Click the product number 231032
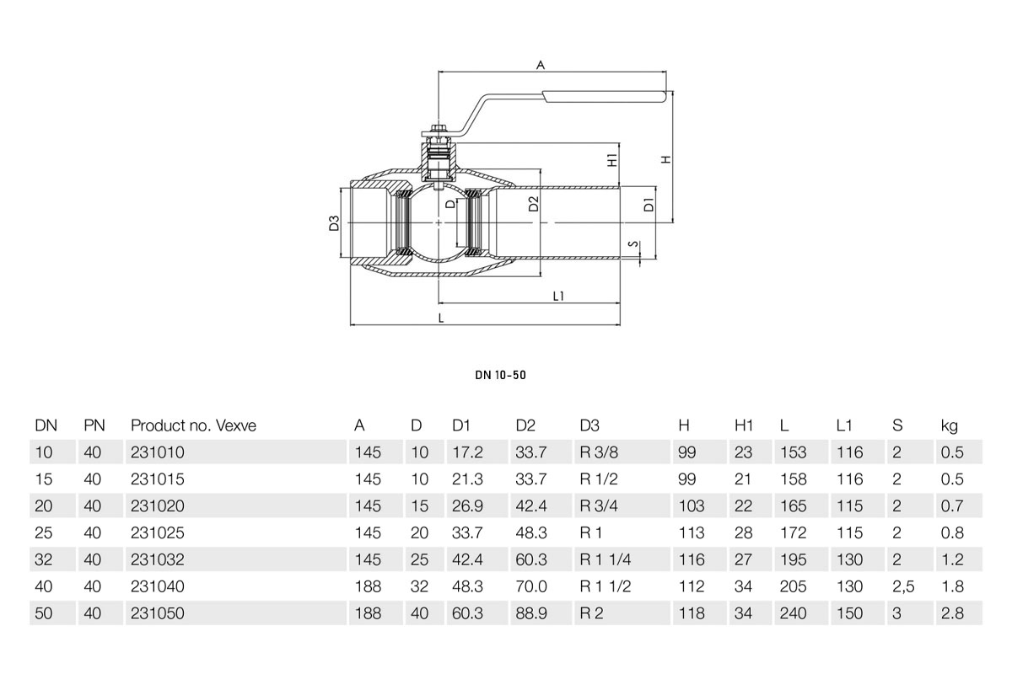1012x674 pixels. pyautogui.click(x=157, y=560)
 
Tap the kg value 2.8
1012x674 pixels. pyautogui.click(x=952, y=614)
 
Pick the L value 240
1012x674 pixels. pyautogui.click(x=794, y=614)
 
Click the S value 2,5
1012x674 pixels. pyautogui.click(x=902, y=587)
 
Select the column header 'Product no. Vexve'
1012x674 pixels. pyautogui.click(x=193, y=426)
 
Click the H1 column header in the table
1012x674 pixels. pyautogui.click(x=744, y=426)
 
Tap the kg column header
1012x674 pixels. pyautogui.click(x=949, y=426)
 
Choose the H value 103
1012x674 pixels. pyautogui.click(x=690, y=506)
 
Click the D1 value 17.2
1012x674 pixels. pyautogui.click(x=467, y=452)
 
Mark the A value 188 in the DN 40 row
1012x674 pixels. pyautogui.click(x=367, y=587)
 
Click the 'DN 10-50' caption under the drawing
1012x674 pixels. pyautogui.click(x=500, y=375)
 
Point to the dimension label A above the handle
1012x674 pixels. pyautogui.click(x=541, y=64)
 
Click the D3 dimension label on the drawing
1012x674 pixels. pyautogui.click(x=334, y=223)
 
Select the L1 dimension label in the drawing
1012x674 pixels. pyautogui.click(x=558, y=296)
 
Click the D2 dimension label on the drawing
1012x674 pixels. pyautogui.click(x=533, y=203)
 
